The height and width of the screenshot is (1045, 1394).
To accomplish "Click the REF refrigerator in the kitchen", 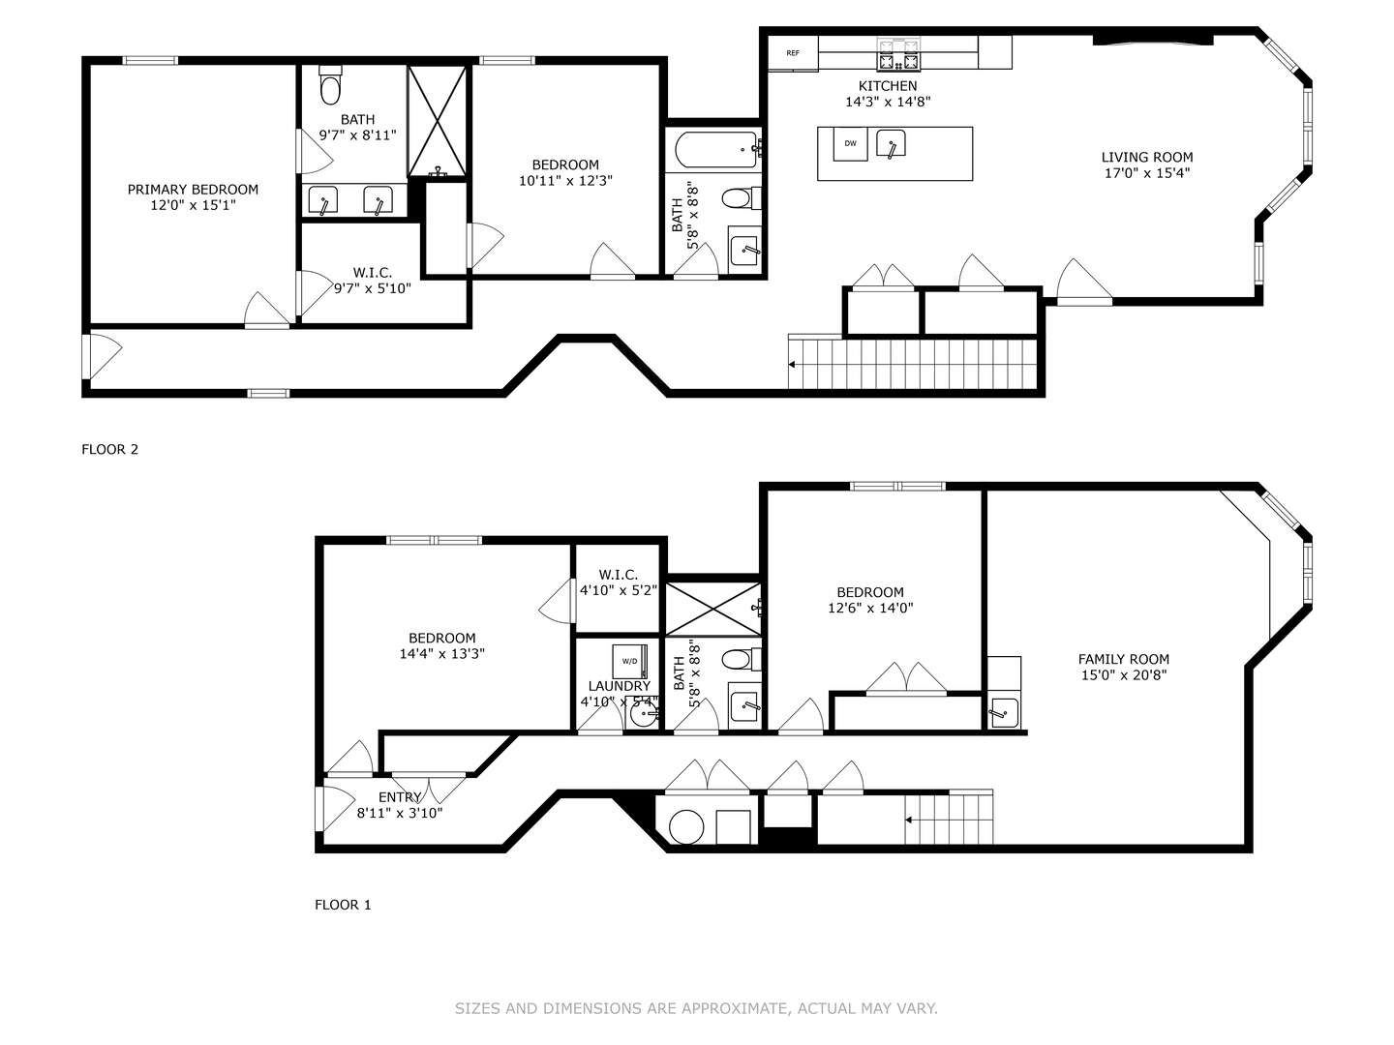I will [x=793, y=53].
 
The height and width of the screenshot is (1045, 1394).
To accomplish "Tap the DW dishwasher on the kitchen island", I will [x=850, y=144].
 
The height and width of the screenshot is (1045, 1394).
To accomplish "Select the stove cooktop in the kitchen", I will [x=897, y=54].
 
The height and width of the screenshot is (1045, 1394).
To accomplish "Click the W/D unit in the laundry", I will [x=629, y=661].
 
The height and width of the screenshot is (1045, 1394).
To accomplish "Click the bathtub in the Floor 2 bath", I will [x=715, y=149].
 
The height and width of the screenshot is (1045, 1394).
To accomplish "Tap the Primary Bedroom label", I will [x=193, y=190].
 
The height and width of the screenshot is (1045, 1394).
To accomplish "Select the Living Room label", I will [x=1147, y=157].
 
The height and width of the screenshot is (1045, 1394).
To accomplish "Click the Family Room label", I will [x=1124, y=659].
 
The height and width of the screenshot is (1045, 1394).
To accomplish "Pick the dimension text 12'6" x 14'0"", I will [x=870, y=609].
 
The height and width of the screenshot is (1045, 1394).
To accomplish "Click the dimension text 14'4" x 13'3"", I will [x=441, y=654].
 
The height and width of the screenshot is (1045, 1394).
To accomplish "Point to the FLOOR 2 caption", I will [x=110, y=449].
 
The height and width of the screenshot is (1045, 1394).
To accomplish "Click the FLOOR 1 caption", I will [x=343, y=905].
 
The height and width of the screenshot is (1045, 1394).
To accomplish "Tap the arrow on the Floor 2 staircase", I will [x=794, y=365].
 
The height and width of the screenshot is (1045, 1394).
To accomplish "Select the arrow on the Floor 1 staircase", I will [x=910, y=821].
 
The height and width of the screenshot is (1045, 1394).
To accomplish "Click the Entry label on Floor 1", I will [x=400, y=797].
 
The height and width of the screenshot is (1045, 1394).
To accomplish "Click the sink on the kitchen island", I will [x=891, y=144].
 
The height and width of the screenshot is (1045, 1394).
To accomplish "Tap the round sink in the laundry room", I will [x=643, y=716].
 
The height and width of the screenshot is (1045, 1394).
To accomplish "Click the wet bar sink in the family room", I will [x=1002, y=713].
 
